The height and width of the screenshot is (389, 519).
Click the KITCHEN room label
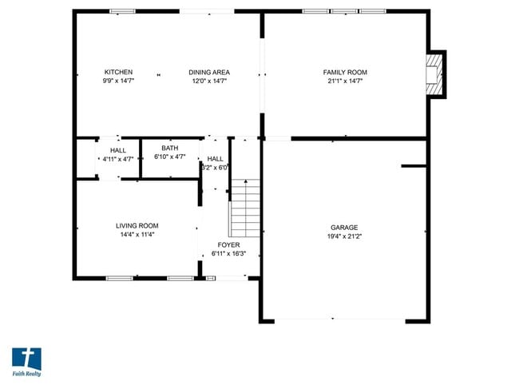click(118, 73)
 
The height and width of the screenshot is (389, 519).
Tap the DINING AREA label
click(209, 73)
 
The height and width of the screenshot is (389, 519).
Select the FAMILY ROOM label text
click(345, 73)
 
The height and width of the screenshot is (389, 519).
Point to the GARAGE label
click(345, 228)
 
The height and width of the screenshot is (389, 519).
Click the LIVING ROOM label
click(137, 226)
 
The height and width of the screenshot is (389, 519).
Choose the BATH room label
click(170, 148)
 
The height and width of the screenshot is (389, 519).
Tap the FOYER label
click(229, 245)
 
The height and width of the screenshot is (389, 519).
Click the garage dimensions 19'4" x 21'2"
click(345, 236)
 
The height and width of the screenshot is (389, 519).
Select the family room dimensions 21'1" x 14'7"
click(345, 81)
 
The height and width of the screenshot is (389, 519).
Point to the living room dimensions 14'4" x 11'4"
click(137, 235)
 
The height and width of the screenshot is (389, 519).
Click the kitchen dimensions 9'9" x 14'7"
click(118, 81)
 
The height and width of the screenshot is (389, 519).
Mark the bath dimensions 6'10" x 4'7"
click(170, 157)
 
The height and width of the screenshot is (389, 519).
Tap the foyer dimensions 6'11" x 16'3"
click(229, 254)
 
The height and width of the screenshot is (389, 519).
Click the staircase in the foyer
click(246, 209)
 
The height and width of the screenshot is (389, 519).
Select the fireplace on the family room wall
click(436, 74)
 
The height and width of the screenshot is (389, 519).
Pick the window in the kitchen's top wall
click(122, 11)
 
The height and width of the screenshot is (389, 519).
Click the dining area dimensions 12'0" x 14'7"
click(209, 81)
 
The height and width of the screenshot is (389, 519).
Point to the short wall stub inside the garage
click(414, 166)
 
